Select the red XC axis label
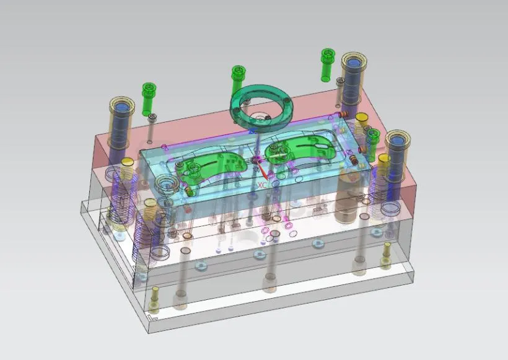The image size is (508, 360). pyautogui.click(x=261, y=185)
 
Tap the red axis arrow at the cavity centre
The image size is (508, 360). pyautogui.click(x=263, y=170)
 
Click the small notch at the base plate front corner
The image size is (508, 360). pyautogui.click(x=155, y=318)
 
